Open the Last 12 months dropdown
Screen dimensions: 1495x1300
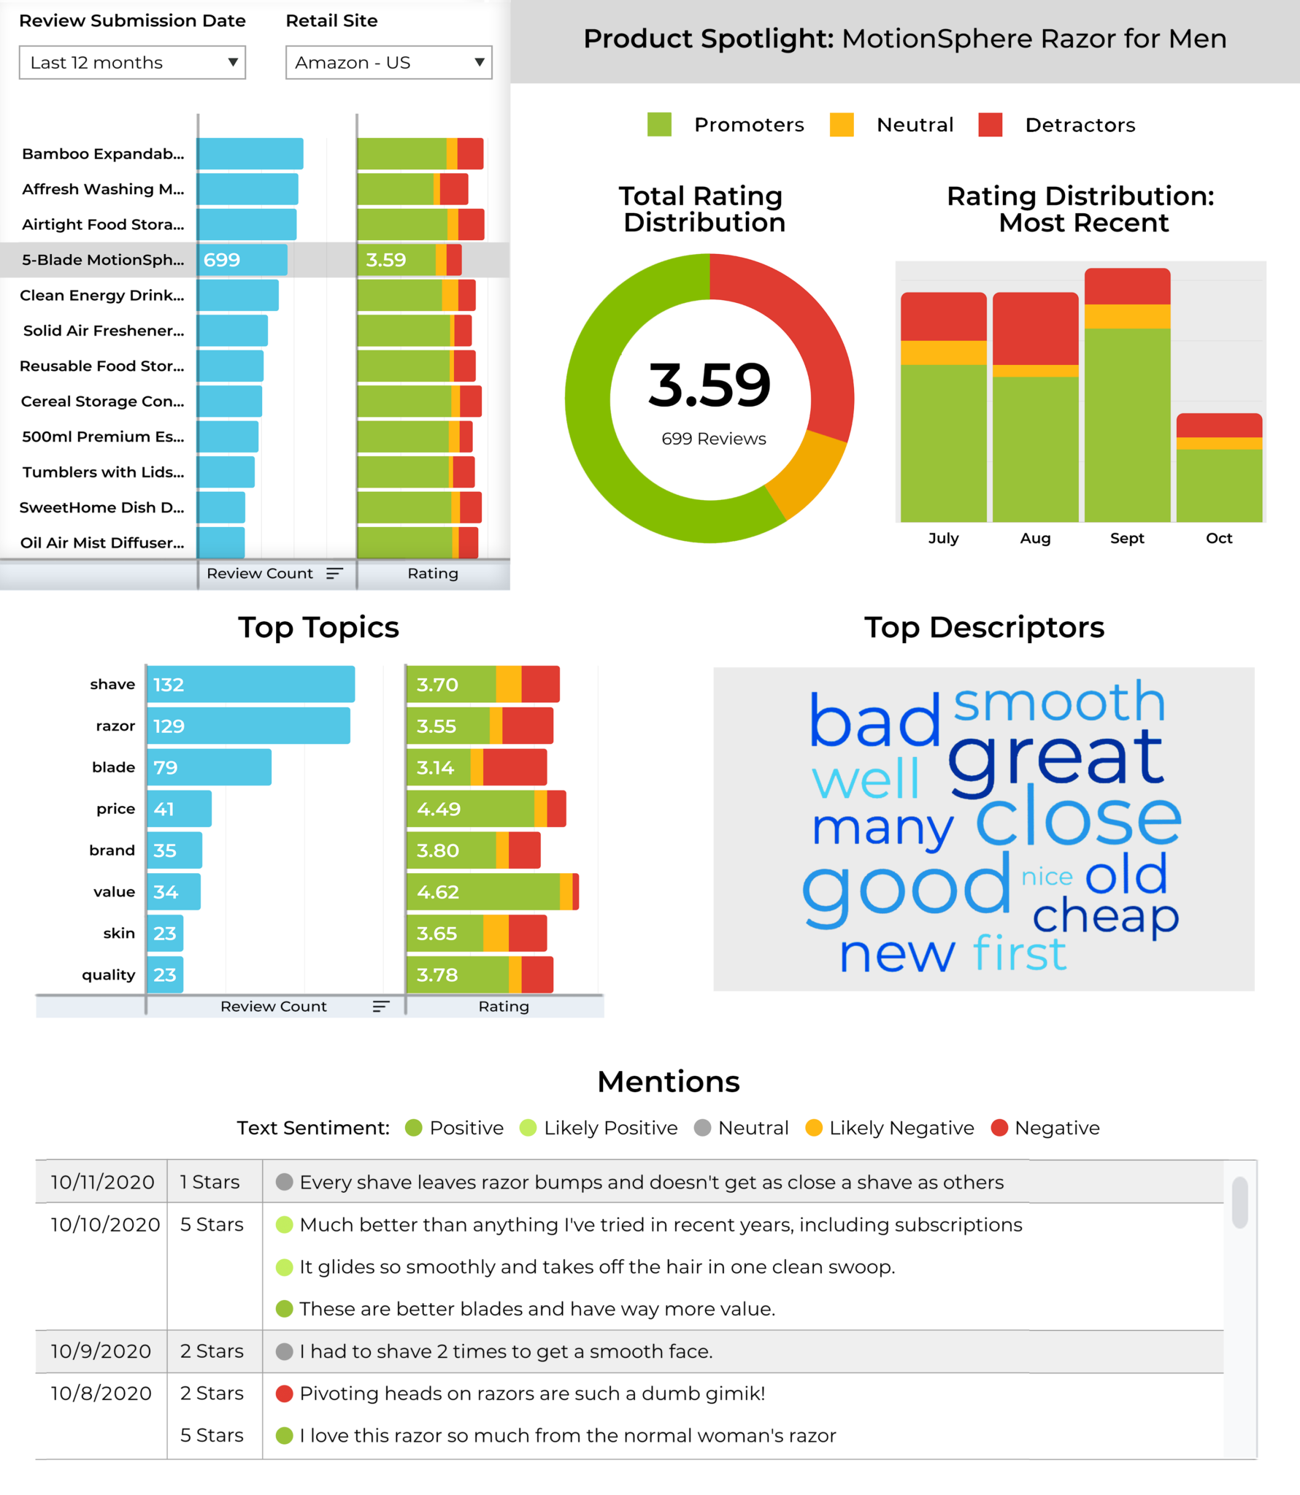(x=131, y=63)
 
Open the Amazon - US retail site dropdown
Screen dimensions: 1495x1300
(x=388, y=63)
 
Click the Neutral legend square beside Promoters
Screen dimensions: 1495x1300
(x=841, y=125)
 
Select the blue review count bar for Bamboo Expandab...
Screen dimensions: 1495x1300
(x=250, y=154)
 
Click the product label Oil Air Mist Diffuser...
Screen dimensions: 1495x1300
(x=102, y=543)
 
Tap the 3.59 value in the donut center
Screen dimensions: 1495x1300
(x=709, y=385)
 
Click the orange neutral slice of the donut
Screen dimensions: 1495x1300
(x=807, y=474)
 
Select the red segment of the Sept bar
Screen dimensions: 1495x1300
(x=1127, y=286)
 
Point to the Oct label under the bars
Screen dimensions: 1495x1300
(x=1218, y=539)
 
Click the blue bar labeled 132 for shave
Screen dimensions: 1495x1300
(x=250, y=685)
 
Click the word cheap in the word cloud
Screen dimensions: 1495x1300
(x=1105, y=916)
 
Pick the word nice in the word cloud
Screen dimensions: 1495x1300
(x=1047, y=876)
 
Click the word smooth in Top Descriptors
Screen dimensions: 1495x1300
(x=1059, y=702)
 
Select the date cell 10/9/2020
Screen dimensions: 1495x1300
(x=101, y=1351)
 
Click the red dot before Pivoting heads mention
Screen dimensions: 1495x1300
(x=284, y=1394)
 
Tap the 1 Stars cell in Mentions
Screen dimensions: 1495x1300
(x=210, y=1183)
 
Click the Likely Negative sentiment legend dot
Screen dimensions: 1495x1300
(x=814, y=1128)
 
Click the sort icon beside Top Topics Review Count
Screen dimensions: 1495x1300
(x=380, y=1007)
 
